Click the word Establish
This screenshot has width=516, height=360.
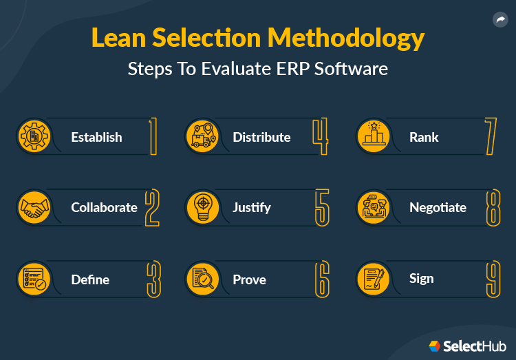(96, 137)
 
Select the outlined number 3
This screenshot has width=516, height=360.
(153, 279)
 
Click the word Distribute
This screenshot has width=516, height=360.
(261, 137)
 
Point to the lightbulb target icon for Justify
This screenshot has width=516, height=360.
(202, 207)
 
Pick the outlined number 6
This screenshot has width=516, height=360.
(321, 279)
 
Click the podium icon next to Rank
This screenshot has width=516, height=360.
(374, 136)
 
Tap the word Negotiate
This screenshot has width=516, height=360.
(438, 207)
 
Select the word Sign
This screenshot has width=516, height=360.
(421, 278)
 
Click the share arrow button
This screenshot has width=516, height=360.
(500, 20)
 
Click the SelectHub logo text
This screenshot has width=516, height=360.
(475, 346)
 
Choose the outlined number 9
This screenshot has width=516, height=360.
(492, 279)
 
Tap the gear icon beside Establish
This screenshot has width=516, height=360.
(32, 136)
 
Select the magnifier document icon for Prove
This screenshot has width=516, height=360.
(202, 278)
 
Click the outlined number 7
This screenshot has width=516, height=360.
(491, 136)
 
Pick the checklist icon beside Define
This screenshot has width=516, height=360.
(32, 278)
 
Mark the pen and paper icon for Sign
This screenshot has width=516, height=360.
(374, 278)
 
